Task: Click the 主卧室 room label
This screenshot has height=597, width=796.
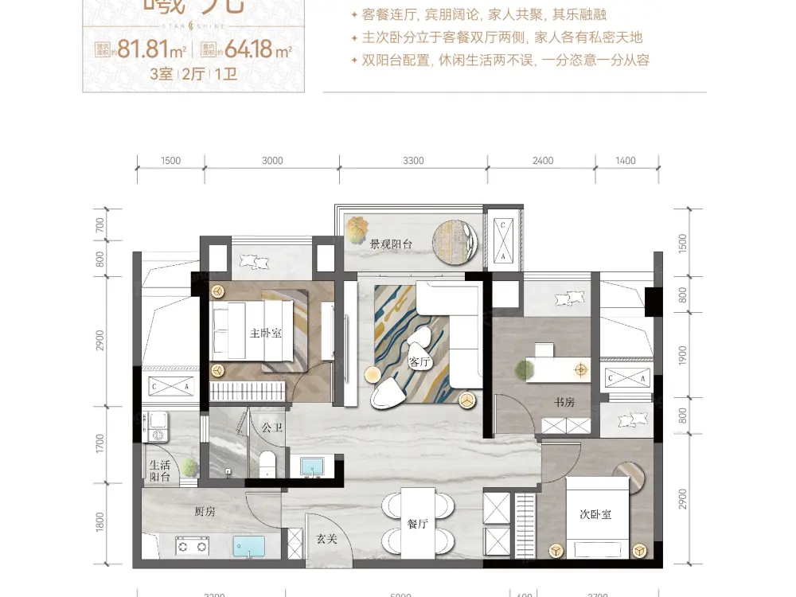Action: [266, 334]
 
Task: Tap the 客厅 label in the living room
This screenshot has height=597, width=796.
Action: [419, 362]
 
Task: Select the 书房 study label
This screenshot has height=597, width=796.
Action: [564, 403]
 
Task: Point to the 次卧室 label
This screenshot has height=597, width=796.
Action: [595, 514]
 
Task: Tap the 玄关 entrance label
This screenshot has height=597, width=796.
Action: [327, 539]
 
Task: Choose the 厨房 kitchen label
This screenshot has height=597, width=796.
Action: [205, 512]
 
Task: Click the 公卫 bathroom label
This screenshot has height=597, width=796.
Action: [272, 427]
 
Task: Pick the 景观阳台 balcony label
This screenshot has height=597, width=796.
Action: [391, 245]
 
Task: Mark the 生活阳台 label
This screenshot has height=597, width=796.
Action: [160, 471]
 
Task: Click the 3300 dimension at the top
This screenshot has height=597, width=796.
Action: [413, 161]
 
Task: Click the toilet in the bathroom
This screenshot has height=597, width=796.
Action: [267, 464]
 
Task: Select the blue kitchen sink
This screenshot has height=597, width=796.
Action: [249, 548]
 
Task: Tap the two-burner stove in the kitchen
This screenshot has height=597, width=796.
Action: [191, 547]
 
